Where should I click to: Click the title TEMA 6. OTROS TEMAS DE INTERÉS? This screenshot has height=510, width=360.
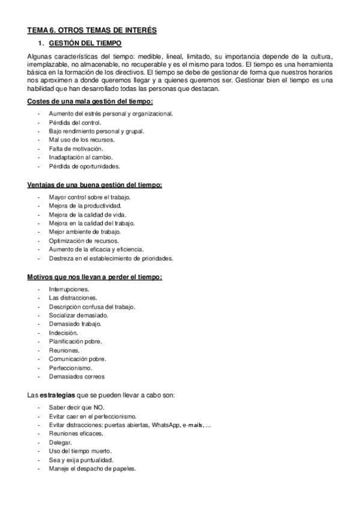tap(91, 30)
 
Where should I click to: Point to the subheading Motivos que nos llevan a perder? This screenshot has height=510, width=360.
tap(94, 277)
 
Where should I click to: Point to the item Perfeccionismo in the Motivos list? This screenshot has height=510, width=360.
tap(70, 367)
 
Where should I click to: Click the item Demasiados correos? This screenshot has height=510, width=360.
tap(77, 376)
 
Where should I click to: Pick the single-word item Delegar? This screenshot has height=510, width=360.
tap(60, 442)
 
